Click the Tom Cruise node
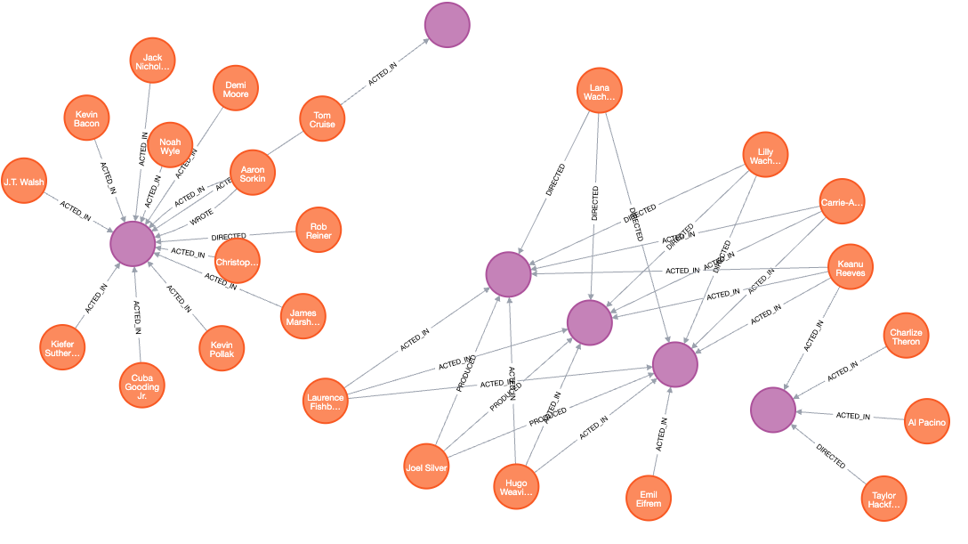click(x=323, y=118)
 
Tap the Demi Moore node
click(x=236, y=88)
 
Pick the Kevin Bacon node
click(x=86, y=118)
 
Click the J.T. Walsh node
click(x=24, y=182)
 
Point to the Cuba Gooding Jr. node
click(x=141, y=385)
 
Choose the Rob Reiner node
click(x=318, y=230)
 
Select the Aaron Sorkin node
click(x=253, y=173)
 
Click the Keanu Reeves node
click(x=850, y=267)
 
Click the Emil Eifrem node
click(x=649, y=499)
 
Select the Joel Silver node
click(x=426, y=467)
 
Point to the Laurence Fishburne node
click(x=325, y=402)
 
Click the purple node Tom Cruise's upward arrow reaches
click(x=447, y=25)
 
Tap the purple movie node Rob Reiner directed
click(x=133, y=242)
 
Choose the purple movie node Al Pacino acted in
click(x=772, y=410)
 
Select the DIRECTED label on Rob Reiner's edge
click(x=228, y=237)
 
